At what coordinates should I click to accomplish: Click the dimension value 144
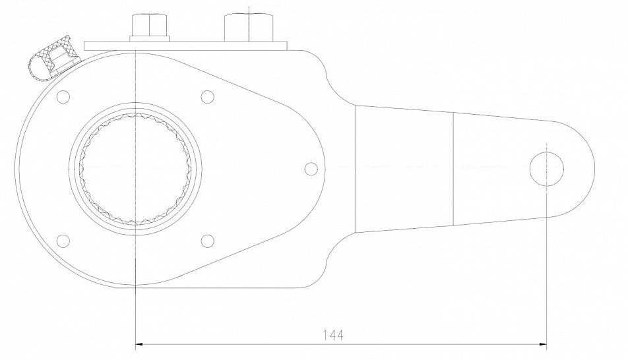tap(333, 334)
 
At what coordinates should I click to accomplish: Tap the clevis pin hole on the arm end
tap(547, 169)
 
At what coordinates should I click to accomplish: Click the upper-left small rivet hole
tap(63, 96)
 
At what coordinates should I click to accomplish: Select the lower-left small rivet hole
tap(63, 241)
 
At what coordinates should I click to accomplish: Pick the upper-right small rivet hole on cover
tap(207, 96)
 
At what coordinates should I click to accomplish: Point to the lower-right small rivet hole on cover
tap(207, 241)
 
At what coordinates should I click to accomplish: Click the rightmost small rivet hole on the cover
tap(311, 169)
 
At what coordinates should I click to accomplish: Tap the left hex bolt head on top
tap(149, 25)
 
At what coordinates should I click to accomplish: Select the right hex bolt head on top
tap(249, 27)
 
